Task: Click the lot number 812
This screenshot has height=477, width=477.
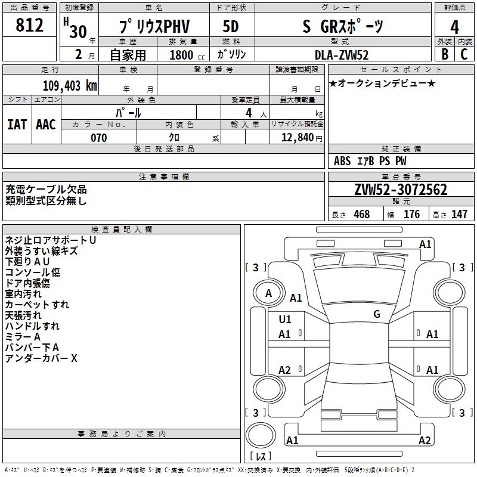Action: pos(30,25)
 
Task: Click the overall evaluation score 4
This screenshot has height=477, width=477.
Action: pos(454,26)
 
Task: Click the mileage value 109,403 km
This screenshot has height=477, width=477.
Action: pos(70,86)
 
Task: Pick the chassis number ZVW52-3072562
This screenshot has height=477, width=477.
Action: pos(400,190)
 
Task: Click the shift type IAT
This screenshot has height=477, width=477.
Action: pos(17,124)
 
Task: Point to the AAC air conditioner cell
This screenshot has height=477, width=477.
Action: pos(46,124)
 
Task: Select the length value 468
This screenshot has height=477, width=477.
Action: pos(361,215)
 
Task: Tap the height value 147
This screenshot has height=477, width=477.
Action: pos(459,215)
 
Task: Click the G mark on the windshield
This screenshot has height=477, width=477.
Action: pos(377,314)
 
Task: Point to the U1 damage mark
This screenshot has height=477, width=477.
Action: pos(285,320)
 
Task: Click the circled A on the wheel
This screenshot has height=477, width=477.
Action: pos(268,293)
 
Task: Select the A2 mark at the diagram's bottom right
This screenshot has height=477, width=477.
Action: pos(425,441)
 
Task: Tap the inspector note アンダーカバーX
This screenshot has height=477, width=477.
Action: pos(41,358)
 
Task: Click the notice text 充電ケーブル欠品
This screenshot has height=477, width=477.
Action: pos(46,190)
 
